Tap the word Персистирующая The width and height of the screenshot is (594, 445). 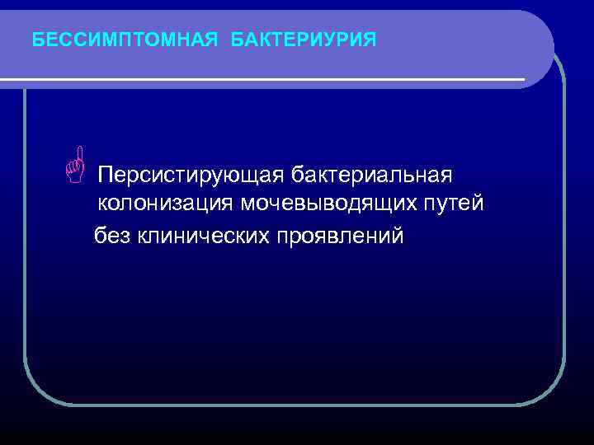(191, 176)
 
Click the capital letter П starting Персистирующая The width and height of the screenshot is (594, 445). (106, 176)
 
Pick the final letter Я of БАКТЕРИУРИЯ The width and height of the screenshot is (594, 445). (370, 39)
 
